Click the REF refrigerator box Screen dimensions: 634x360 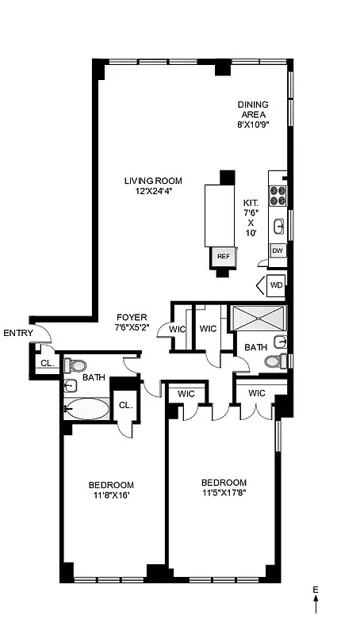[223, 256]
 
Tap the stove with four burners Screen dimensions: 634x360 [278, 195]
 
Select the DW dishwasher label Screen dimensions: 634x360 [278, 250]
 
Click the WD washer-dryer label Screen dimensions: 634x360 [276, 285]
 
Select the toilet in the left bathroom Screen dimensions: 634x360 [76, 365]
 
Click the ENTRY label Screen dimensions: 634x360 [18, 333]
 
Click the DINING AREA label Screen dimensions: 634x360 [253, 109]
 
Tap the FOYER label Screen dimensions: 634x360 [132, 317]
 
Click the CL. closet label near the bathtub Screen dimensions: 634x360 [125, 405]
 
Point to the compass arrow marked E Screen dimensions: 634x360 [316, 602]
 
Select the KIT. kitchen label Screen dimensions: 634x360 [251, 203]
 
